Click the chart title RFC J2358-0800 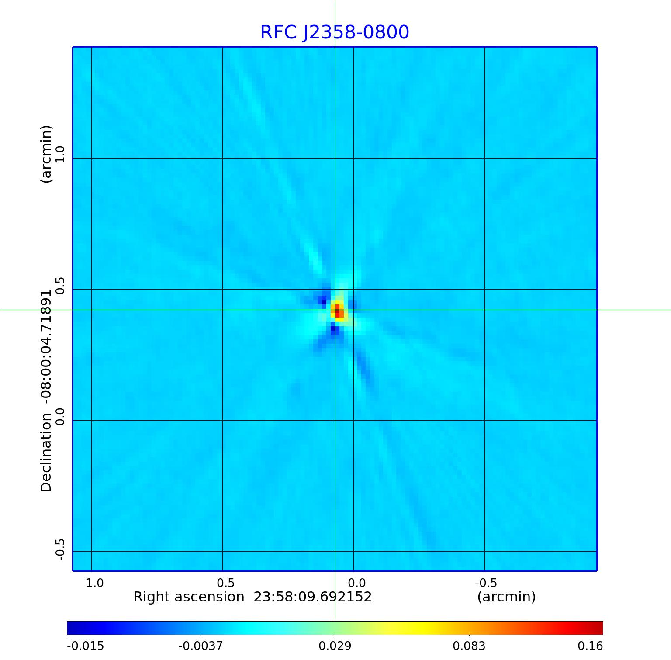[335, 32]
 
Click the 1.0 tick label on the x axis [94, 583]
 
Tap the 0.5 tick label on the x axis [225, 583]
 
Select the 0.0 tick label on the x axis [356, 583]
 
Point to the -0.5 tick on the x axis [486, 583]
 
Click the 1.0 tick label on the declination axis [60, 155]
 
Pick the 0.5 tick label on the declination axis [60, 286]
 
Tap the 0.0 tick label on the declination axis [60, 417]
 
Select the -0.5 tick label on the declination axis [60, 549]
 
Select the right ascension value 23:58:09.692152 [312, 597]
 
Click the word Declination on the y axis [46, 453]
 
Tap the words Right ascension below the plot [189, 597]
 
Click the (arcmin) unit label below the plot [506, 597]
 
